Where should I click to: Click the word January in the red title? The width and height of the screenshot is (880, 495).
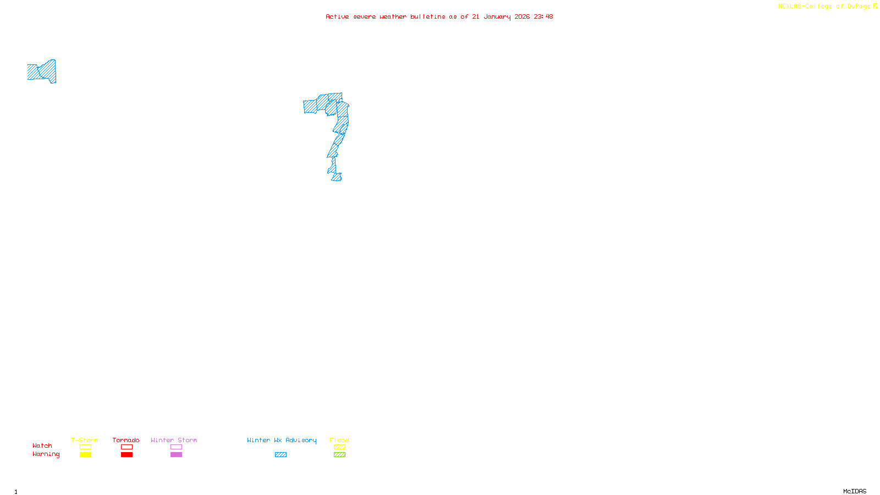[x=497, y=17]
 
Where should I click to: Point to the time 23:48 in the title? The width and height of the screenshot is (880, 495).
[x=543, y=17]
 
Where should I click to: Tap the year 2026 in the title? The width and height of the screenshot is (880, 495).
[x=522, y=17]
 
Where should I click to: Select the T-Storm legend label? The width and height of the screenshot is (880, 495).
[x=85, y=440]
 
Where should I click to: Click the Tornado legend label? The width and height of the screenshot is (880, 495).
[x=126, y=440]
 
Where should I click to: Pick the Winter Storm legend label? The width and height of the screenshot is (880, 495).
[x=174, y=440]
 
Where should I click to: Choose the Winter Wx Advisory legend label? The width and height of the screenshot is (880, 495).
[x=282, y=440]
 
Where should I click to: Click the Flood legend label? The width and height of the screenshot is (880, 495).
[x=339, y=440]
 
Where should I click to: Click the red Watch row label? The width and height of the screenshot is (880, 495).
[x=42, y=446]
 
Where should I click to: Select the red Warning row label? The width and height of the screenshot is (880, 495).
[x=46, y=454]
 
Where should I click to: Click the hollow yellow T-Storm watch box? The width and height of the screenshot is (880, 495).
[x=85, y=447]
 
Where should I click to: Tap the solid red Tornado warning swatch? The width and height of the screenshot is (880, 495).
[x=127, y=455]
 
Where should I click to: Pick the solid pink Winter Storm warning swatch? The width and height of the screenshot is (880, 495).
[x=176, y=455]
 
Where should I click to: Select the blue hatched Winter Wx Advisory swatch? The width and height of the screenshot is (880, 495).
[x=280, y=455]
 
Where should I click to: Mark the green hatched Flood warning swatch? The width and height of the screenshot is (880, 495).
[x=339, y=455]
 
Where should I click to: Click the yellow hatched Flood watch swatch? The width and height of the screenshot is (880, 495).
[x=339, y=447]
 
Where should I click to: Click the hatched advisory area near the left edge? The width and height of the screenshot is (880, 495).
[x=42, y=71]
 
